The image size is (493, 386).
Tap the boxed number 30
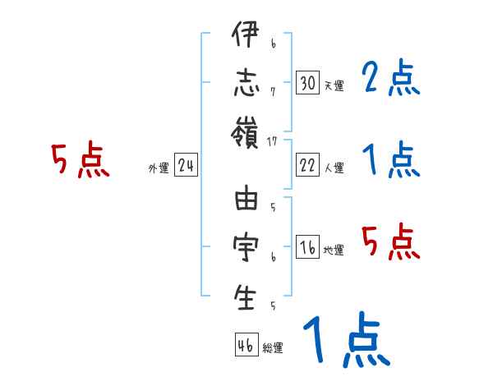click(308, 83)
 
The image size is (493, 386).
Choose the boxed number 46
click(246, 346)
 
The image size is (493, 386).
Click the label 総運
click(273, 348)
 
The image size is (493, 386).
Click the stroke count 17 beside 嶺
click(273, 141)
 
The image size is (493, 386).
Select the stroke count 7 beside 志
click(273, 91)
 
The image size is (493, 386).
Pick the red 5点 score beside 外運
click(81, 160)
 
